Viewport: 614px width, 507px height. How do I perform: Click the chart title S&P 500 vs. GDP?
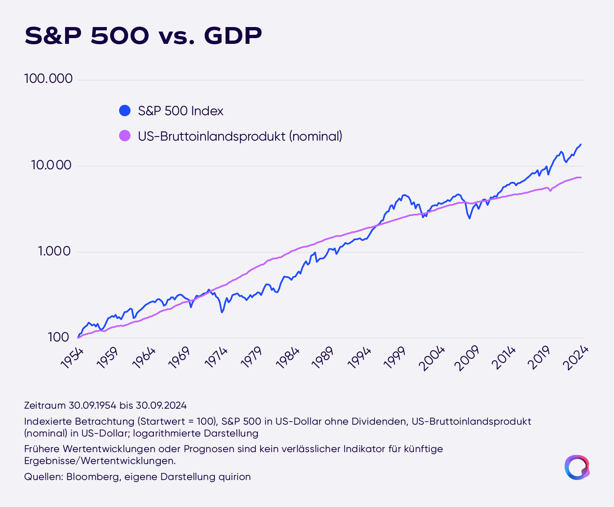[143, 36]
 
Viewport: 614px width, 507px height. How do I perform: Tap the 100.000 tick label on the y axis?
[48, 79]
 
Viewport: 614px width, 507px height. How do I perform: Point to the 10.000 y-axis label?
[51, 165]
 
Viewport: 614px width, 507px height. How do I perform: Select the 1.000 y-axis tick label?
[54, 251]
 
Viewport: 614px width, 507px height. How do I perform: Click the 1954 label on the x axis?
[72, 358]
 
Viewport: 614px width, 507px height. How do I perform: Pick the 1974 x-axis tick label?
[217, 358]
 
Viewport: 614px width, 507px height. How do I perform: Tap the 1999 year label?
[395, 358]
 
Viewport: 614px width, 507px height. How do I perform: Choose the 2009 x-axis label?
[467, 358]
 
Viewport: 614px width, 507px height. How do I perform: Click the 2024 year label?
[576, 358]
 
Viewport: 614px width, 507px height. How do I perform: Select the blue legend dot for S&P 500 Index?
[125, 111]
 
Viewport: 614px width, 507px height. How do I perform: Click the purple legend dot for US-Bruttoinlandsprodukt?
[125, 136]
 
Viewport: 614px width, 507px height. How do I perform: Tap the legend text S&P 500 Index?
[181, 111]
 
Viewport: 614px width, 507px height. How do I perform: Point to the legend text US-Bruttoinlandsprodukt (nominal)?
[240, 136]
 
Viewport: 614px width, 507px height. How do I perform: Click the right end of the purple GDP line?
[581, 177]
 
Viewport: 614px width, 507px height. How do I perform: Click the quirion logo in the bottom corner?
[577, 468]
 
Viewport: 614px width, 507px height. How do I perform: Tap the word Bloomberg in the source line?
[94, 476]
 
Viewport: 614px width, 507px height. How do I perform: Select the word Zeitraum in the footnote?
[45, 405]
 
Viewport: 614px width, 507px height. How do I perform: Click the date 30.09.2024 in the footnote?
[161, 405]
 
